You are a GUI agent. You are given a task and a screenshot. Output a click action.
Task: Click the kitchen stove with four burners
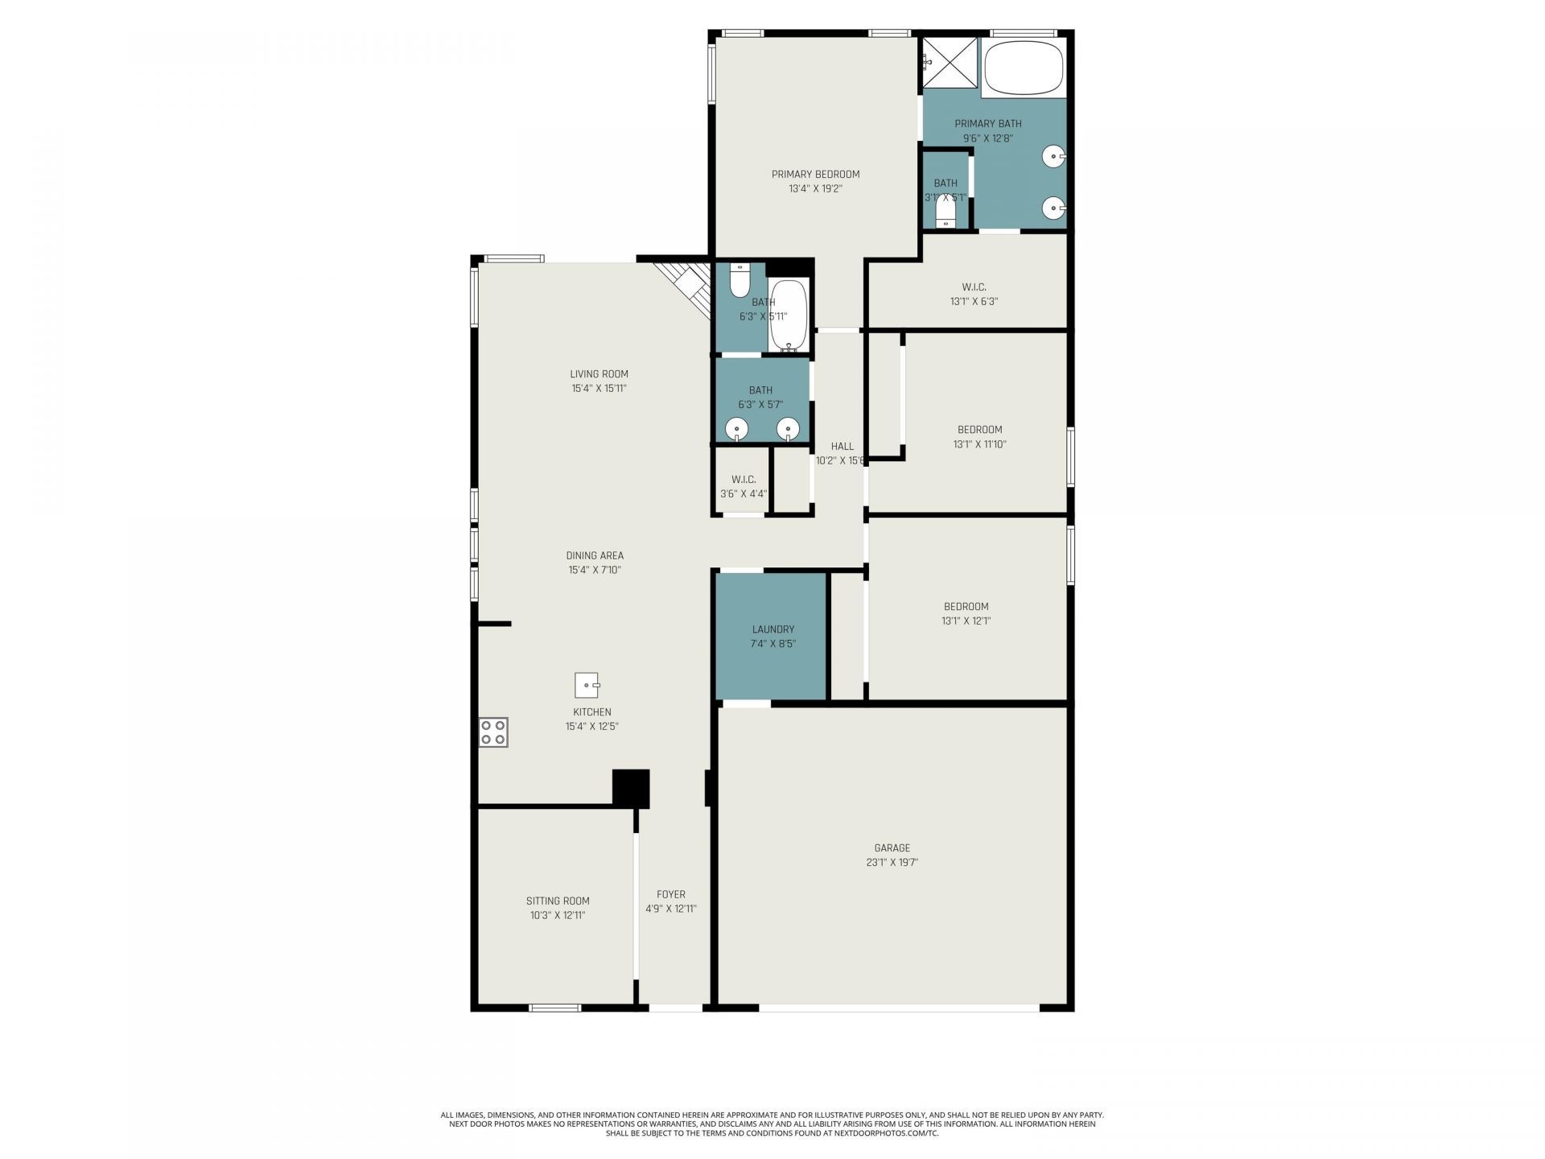click(493, 732)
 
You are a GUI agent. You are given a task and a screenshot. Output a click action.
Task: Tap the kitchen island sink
click(587, 685)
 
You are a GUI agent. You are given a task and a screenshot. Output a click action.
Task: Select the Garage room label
click(892, 848)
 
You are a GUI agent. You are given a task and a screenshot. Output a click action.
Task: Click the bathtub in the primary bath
click(1024, 68)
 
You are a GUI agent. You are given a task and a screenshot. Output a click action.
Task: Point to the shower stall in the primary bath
click(949, 61)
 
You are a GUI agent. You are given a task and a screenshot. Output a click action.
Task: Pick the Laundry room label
click(772, 629)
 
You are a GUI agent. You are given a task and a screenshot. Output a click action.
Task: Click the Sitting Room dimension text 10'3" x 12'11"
click(558, 915)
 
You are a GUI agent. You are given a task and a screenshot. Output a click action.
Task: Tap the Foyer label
click(670, 894)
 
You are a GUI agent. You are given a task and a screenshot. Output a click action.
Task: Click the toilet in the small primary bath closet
click(946, 213)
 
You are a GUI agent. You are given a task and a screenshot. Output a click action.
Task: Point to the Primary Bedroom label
click(815, 174)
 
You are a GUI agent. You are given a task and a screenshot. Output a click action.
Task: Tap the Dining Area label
click(595, 555)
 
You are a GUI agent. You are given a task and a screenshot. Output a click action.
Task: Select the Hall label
click(842, 446)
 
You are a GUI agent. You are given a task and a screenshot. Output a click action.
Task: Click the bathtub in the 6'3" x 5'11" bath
click(788, 316)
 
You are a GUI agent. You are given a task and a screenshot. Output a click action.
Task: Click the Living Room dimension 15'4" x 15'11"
click(599, 388)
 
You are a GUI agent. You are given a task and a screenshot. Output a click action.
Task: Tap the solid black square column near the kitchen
click(631, 788)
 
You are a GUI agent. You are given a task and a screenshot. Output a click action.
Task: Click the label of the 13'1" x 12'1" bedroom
click(966, 607)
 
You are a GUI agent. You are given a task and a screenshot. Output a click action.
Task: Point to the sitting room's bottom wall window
click(554, 1008)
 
